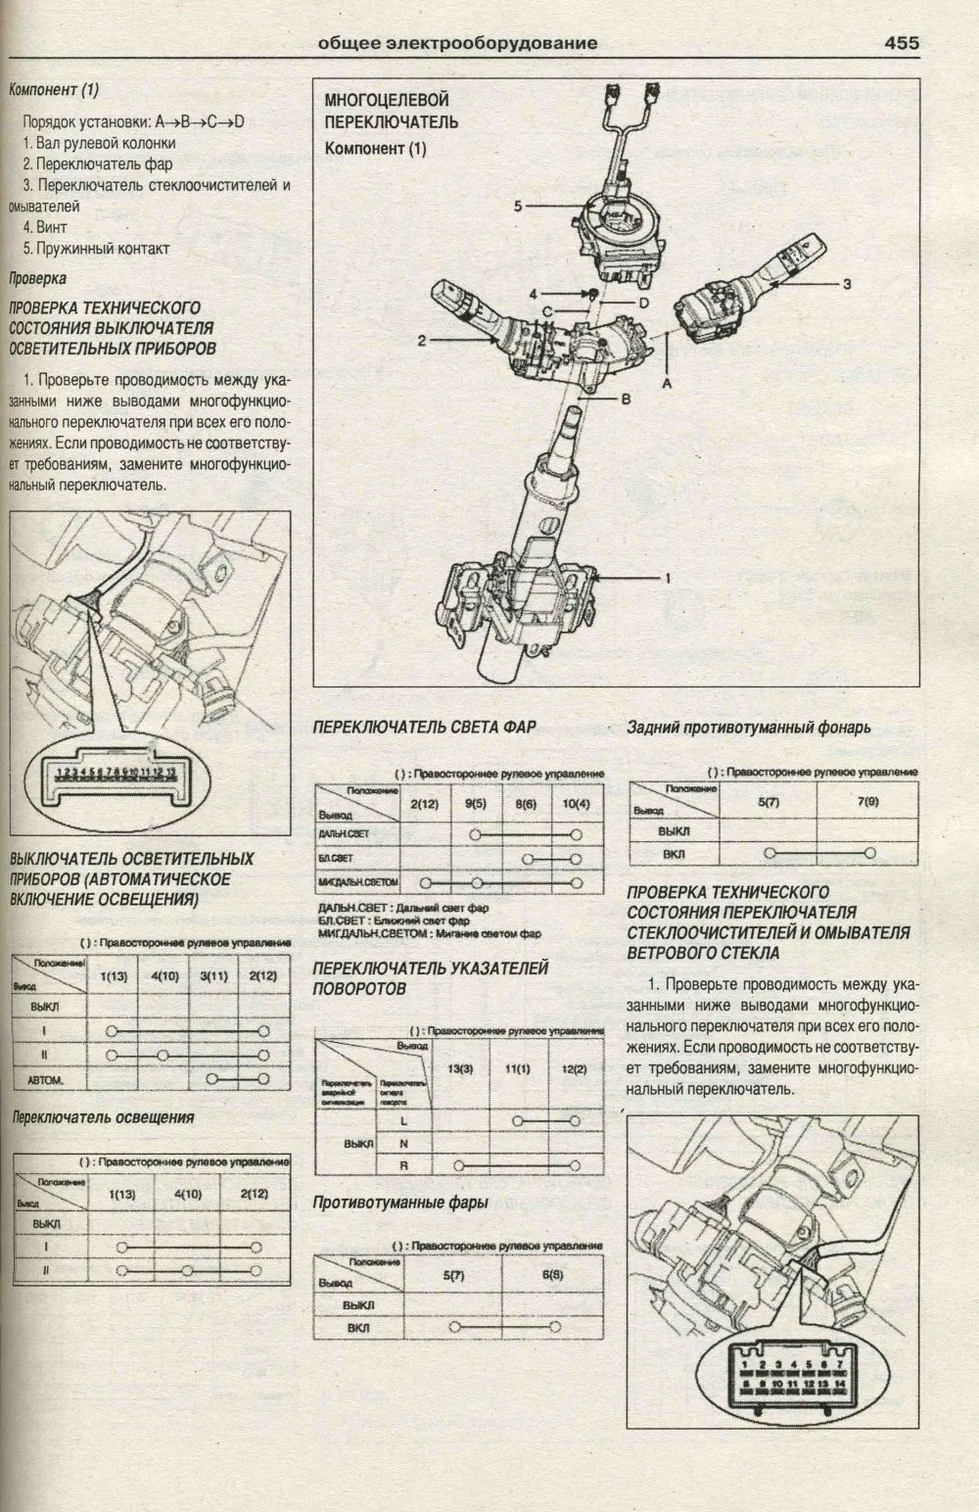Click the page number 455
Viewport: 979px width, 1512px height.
coord(901,42)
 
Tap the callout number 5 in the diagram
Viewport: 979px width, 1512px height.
coord(519,206)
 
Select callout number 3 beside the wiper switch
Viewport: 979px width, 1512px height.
coord(847,284)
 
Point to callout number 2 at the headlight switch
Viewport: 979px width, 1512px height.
coord(421,341)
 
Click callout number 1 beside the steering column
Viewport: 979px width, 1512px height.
coord(668,579)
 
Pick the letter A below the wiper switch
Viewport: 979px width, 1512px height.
coord(667,385)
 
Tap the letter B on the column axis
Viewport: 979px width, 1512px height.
coord(626,399)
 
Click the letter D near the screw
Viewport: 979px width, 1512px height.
coord(643,304)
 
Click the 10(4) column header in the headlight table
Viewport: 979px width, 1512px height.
coord(577,804)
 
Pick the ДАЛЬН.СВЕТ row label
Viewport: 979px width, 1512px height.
coord(344,833)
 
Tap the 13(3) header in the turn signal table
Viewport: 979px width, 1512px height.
coord(459,1068)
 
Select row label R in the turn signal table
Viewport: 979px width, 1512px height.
coord(403,1165)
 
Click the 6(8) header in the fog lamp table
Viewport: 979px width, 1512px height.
coord(552,1276)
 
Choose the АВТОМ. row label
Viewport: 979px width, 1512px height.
coord(46,1079)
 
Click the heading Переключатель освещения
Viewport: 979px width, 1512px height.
coord(102,1117)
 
